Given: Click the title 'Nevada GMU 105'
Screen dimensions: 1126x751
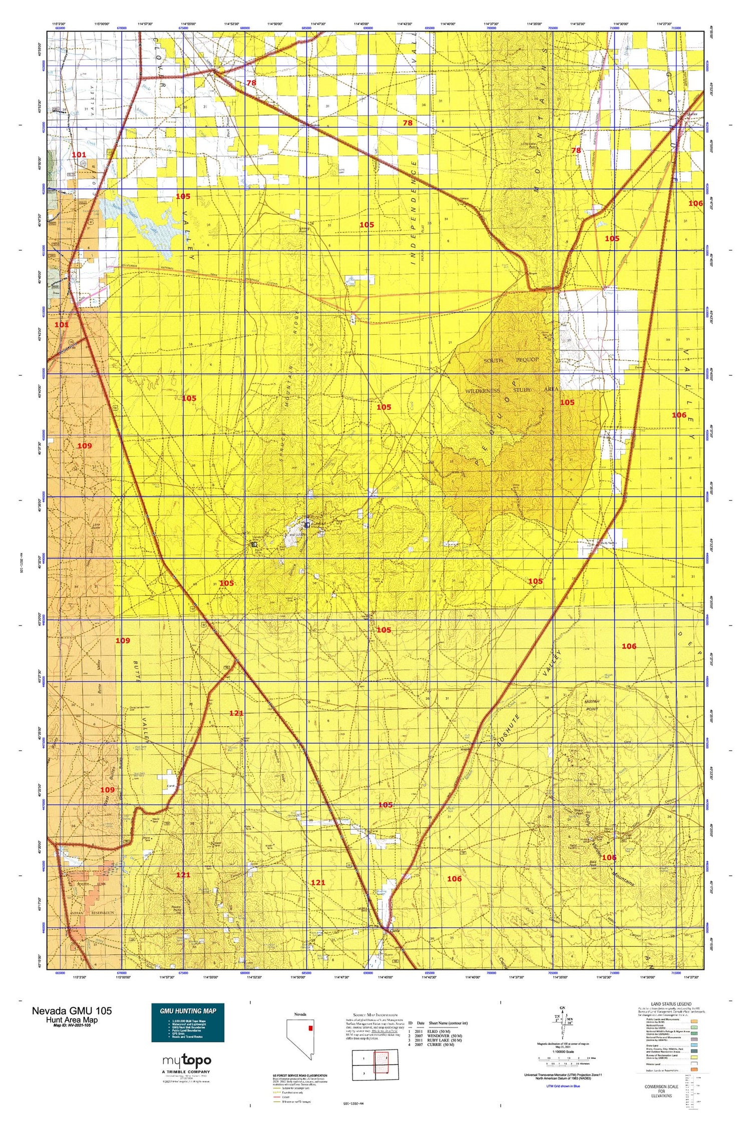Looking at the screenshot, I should click(72, 1010).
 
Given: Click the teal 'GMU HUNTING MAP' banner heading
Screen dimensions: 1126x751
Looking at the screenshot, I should click(188, 1010).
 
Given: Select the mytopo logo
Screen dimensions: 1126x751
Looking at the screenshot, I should click(187, 1060).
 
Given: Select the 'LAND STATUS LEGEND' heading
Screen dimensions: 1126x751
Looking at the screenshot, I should click(671, 1004).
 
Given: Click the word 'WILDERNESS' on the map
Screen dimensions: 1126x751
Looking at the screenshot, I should click(483, 391).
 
